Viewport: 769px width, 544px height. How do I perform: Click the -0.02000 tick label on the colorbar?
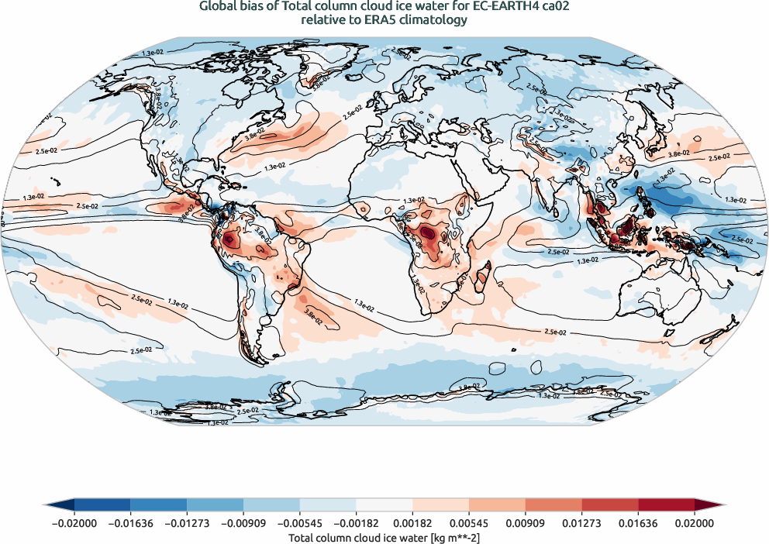coord(74,524)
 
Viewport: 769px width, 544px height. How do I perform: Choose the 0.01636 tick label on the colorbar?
coord(638,524)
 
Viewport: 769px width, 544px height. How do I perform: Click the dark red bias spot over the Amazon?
coord(230,240)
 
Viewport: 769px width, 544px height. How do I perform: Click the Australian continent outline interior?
coord(659,291)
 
